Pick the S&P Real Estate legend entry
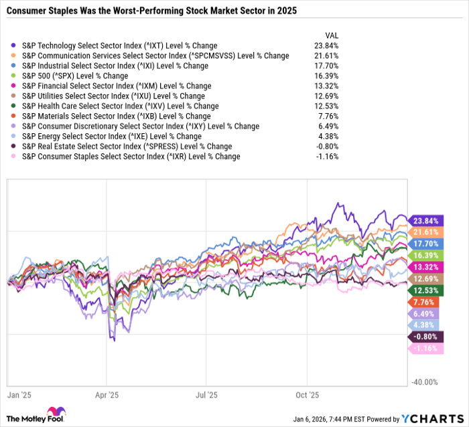[x=127, y=147]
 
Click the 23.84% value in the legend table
[x=326, y=46]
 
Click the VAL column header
[x=330, y=35]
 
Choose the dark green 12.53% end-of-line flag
[x=424, y=290]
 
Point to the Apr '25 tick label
[x=107, y=396]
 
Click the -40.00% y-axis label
[x=424, y=382]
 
